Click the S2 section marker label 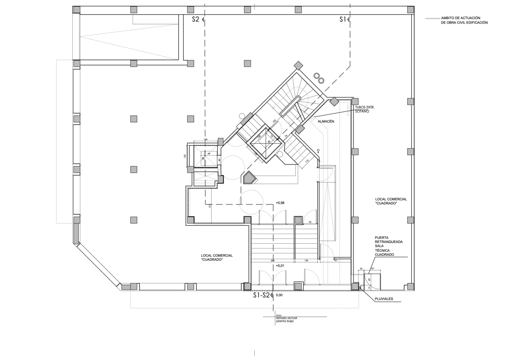[x=195, y=19]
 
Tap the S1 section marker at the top [x=343, y=19]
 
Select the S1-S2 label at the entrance [x=262, y=295]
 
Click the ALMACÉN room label [x=326, y=122]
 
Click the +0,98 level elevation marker [x=280, y=203]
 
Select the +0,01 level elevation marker [x=280, y=266]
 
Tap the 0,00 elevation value [x=280, y=295]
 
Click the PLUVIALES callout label [x=383, y=299]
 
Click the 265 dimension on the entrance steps [x=272, y=260]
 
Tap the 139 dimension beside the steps [x=306, y=260]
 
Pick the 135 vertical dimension [x=185, y=156]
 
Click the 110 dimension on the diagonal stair [x=307, y=161]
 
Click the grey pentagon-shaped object [x=250, y=178]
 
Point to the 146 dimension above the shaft [x=205, y=139]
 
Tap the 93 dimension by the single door [x=310, y=222]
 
